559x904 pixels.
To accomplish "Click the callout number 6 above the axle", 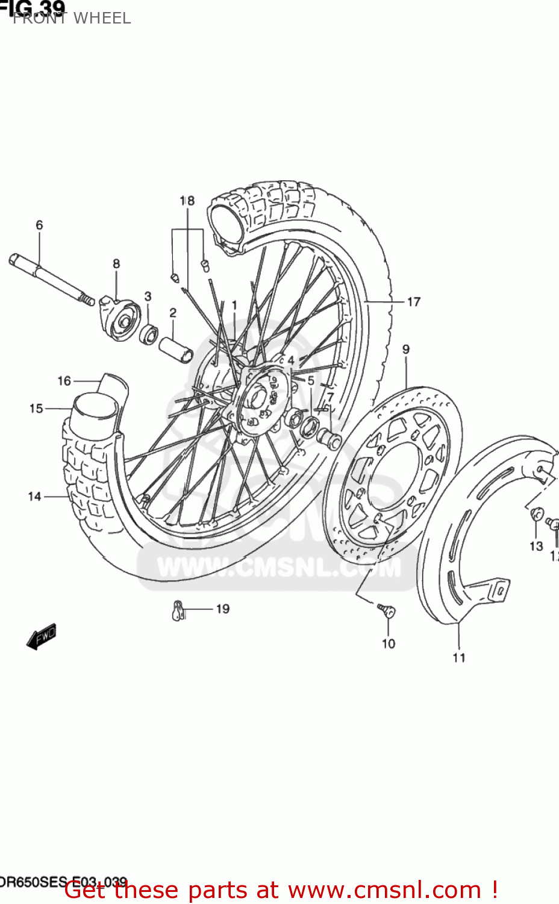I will click(39, 225).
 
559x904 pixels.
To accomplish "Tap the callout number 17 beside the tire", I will click(414, 302).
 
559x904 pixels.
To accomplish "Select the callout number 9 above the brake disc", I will click(406, 350).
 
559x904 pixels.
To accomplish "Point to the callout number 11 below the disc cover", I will click(459, 658).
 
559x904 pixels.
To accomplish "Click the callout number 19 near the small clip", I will click(223, 609).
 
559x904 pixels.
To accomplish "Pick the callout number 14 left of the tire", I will click(34, 497).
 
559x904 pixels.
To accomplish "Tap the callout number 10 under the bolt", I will click(389, 644).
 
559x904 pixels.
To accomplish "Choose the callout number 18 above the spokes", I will click(187, 201).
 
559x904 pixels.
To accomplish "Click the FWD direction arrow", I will click(41, 636).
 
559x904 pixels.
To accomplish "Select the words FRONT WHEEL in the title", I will click(72, 18).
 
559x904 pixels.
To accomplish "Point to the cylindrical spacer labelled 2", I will click(175, 350).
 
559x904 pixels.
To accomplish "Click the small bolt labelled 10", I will click(387, 611).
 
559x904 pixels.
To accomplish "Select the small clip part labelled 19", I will click(178, 611).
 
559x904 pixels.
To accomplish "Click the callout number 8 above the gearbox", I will click(116, 264).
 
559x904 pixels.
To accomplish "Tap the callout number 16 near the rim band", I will click(64, 381).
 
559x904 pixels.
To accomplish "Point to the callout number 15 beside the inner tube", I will click(36, 409).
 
